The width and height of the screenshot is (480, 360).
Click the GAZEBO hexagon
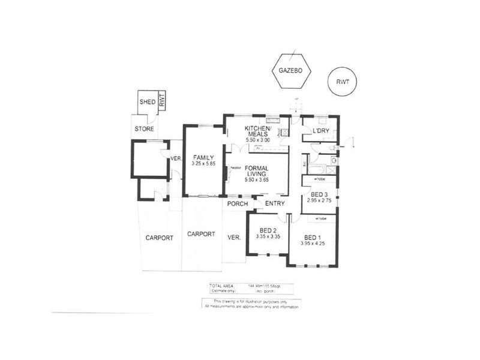pos(290,71)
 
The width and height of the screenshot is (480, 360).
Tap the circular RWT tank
pos(343,81)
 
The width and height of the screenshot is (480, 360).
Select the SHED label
pos(148,102)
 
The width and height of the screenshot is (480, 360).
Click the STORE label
pos(145,129)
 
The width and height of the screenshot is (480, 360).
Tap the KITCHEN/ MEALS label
pos(259,132)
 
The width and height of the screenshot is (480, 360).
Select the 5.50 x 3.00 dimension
pos(259,140)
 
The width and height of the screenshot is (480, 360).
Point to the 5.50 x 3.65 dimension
pos(258,180)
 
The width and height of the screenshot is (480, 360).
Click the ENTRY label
pos(274,203)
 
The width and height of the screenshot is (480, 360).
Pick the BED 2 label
pos(268,230)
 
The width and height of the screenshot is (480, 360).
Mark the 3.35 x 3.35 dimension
pos(268,238)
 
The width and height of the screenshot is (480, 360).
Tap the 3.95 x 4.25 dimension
pos(313,243)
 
